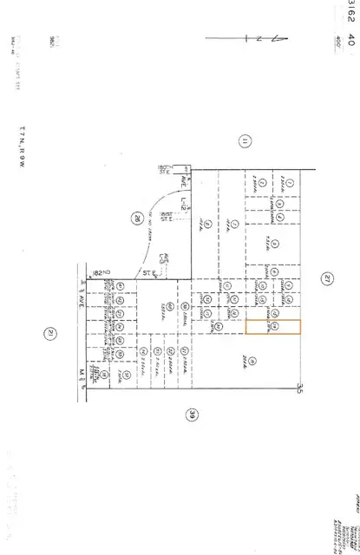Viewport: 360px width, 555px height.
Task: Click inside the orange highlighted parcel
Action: [272, 327]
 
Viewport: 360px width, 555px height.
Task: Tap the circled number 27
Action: [326, 278]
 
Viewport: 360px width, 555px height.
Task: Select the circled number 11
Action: [245, 141]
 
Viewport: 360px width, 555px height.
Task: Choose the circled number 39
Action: [192, 415]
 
